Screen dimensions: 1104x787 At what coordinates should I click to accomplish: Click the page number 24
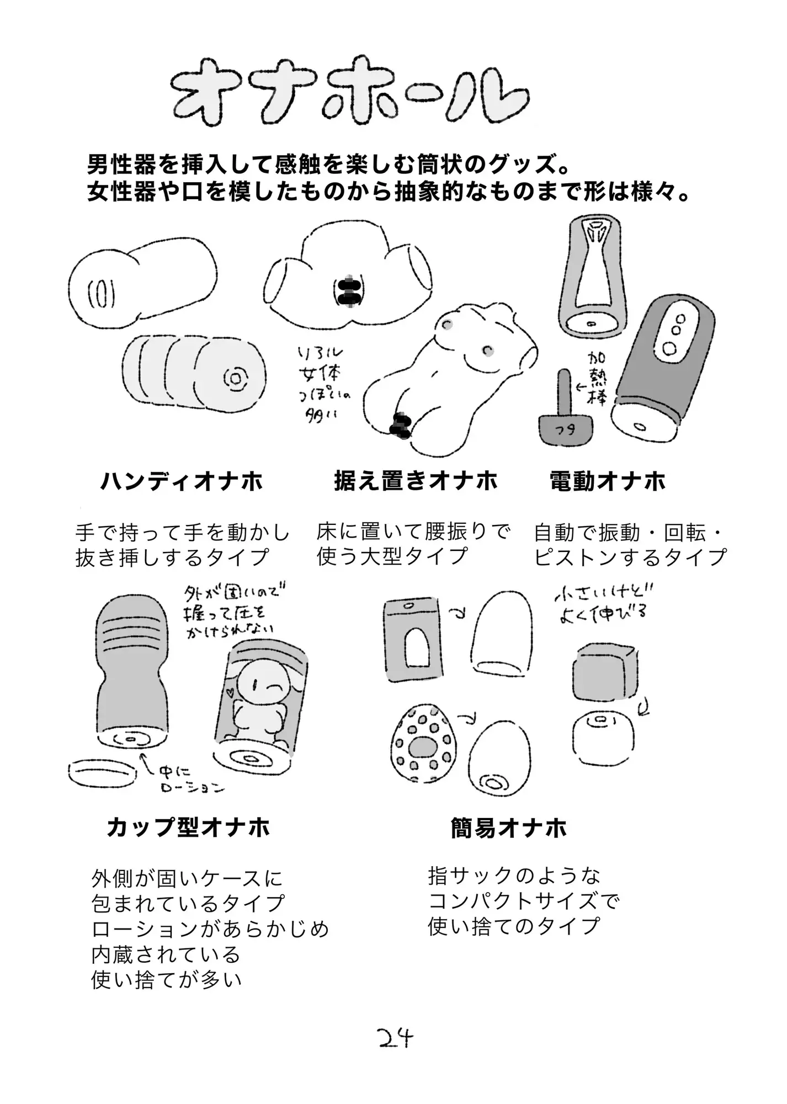pos(396,1039)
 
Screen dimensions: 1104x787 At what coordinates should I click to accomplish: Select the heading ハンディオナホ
pos(182,481)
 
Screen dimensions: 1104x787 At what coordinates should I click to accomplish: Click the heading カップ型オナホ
pos(188,828)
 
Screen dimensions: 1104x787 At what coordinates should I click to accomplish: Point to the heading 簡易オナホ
pos(508,828)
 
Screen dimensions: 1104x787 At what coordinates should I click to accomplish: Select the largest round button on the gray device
pos(669,349)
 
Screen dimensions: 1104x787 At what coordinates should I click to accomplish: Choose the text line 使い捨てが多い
pos(167,979)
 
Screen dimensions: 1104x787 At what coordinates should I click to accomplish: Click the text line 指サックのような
pos(514,875)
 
